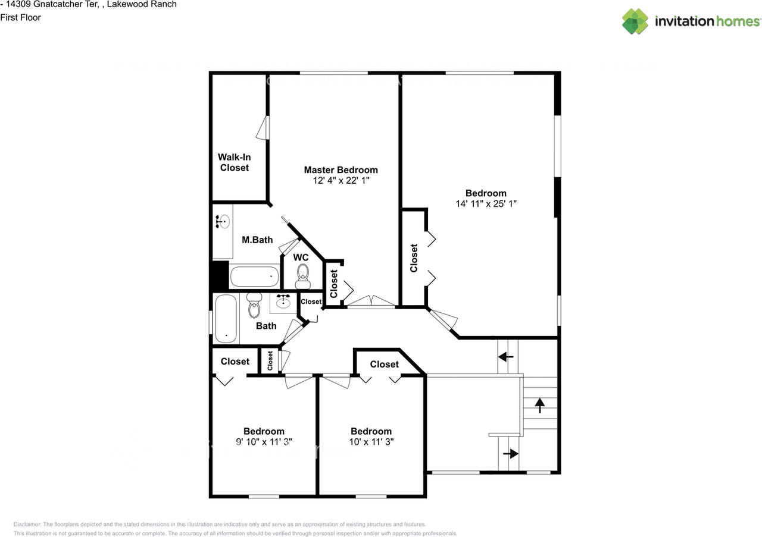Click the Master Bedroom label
click(341, 170)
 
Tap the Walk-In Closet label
click(235, 162)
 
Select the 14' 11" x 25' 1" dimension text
click(486, 203)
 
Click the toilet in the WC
click(302, 277)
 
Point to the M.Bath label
click(257, 240)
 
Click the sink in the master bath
click(223, 222)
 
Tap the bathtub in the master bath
click(254, 277)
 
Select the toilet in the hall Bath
click(254, 305)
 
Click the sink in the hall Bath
click(283, 301)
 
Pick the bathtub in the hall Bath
click(226, 319)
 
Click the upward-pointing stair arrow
click(540, 406)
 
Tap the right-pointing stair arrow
click(511, 453)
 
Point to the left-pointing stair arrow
click(506, 357)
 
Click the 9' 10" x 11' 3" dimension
click(264, 442)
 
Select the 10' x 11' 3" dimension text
click(371, 442)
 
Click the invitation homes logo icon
click(635, 21)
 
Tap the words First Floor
click(20, 17)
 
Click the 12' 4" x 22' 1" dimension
click(341, 180)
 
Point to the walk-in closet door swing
click(263, 128)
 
